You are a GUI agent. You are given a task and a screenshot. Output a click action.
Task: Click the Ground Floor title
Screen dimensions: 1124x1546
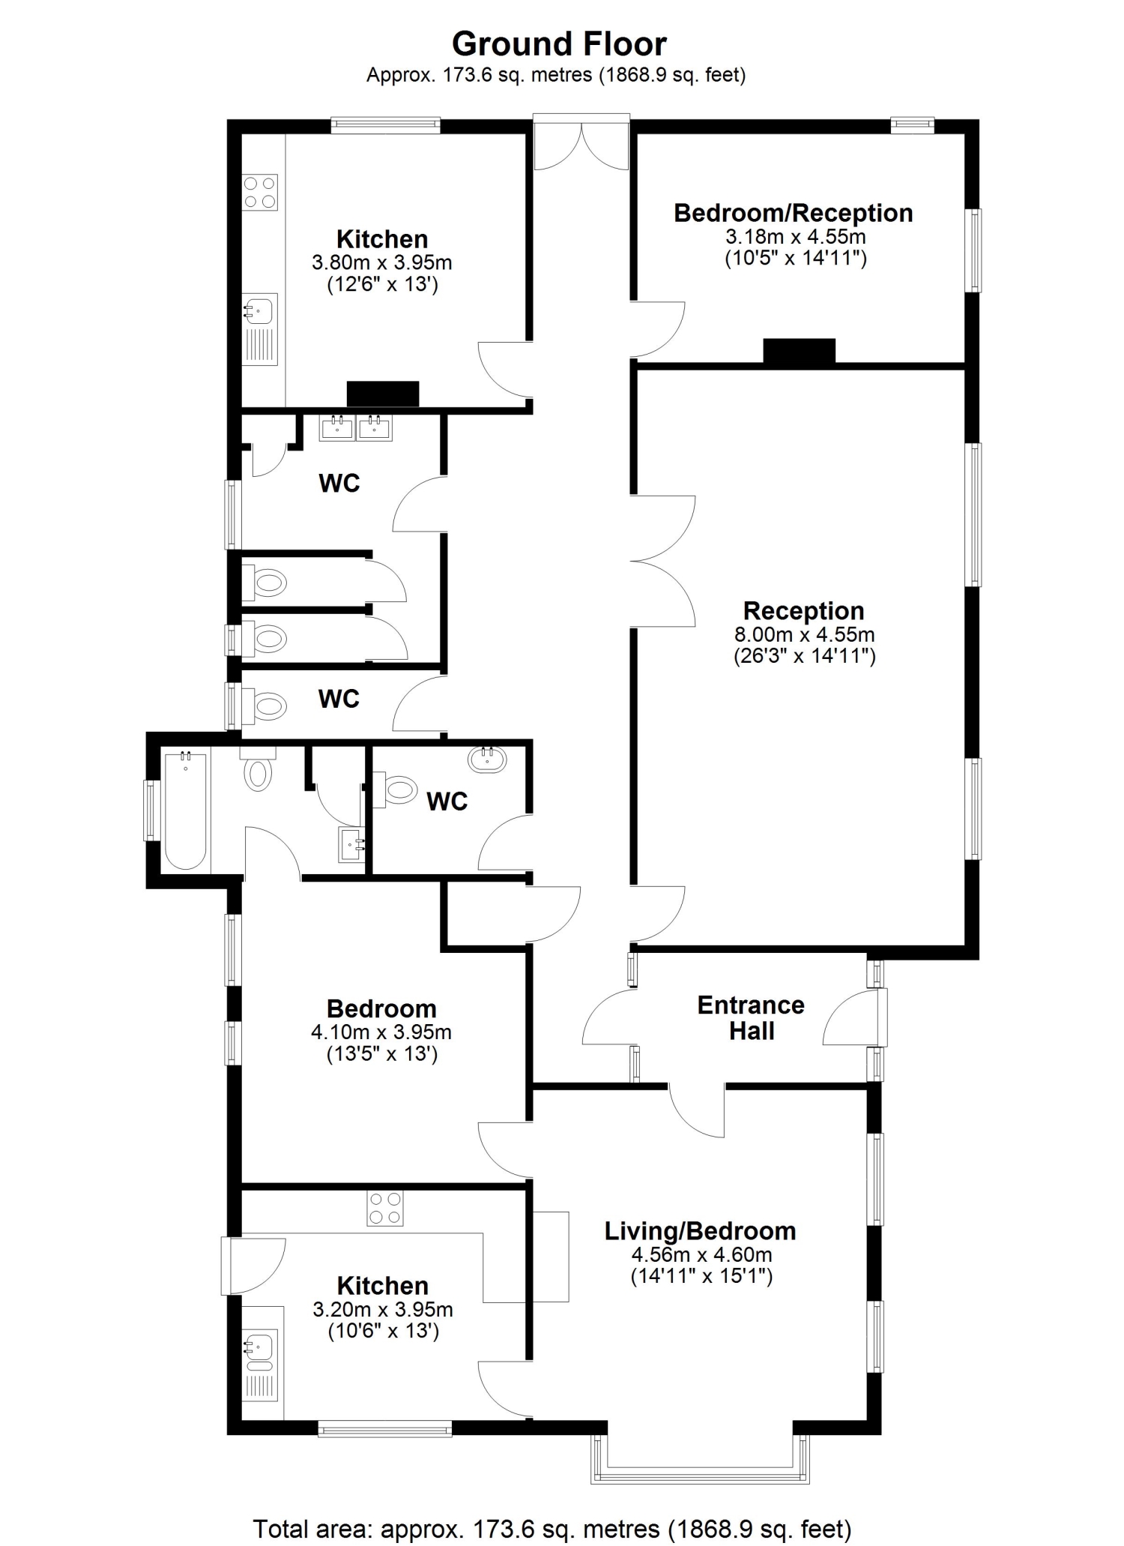(559, 44)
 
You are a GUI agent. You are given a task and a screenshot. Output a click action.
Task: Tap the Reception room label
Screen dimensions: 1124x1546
(803, 610)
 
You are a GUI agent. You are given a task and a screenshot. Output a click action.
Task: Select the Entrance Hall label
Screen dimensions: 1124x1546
(751, 1017)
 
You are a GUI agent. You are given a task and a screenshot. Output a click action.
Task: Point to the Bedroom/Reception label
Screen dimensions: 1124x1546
(794, 213)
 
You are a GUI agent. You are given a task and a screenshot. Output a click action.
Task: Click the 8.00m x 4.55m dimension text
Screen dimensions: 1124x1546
(804, 634)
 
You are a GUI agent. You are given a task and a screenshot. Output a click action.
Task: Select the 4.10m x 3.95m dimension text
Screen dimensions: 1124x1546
(381, 1032)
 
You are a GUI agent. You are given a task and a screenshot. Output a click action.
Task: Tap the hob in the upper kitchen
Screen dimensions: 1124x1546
(259, 192)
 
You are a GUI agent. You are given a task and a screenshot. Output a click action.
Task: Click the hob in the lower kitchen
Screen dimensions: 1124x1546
(385, 1209)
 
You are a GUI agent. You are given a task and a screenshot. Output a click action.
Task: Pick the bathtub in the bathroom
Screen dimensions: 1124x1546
(185, 810)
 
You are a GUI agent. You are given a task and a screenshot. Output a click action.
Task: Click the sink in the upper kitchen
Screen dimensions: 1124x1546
(259, 329)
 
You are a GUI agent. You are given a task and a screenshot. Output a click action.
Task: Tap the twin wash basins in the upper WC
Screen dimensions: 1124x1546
(356, 427)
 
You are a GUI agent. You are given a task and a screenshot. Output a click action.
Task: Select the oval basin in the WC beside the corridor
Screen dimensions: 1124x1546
(487, 760)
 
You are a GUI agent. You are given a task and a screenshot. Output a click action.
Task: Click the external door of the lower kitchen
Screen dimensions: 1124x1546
(253, 1266)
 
